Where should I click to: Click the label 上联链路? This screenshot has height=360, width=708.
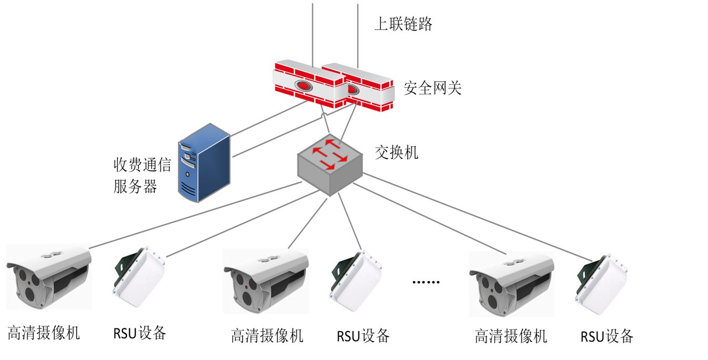coord(403,24)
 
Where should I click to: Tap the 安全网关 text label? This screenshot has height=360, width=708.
coord(432,87)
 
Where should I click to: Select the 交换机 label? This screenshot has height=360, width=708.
coord(396,153)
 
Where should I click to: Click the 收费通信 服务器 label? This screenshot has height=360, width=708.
coord(142,176)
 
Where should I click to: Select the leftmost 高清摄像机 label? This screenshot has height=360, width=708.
coord(44,333)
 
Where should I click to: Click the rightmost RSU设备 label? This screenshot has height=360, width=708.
coord(607,336)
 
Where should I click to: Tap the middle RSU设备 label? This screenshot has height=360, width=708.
coord(363,335)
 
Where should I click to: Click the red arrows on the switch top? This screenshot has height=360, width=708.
coord(330,154)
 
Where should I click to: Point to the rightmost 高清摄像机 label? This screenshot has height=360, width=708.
coord(511,336)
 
